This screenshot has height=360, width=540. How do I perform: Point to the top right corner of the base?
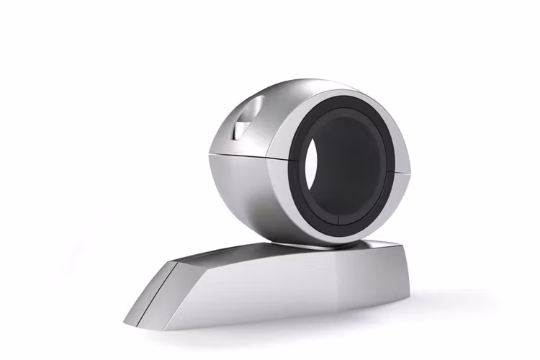click(398, 243)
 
